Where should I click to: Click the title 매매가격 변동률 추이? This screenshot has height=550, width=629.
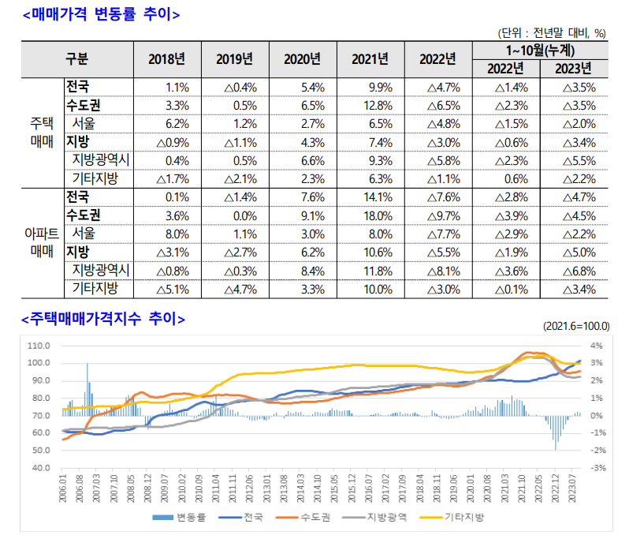[x=102, y=14]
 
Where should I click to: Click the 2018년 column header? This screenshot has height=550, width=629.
[x=166, y=59]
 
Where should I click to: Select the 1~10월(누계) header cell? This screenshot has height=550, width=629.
[x=540, y=51]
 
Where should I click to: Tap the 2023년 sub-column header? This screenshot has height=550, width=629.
[x=573, y=68]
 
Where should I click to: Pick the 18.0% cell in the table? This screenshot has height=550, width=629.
[x=370, y=215]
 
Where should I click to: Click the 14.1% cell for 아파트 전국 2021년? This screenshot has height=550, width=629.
[x=370, y=196]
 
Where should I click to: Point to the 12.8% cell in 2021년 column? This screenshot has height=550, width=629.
[x=370, y=105]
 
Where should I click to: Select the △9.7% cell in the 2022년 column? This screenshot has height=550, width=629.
[x=442, y=215]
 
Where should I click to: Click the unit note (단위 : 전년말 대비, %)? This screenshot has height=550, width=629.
[x=552, y=33]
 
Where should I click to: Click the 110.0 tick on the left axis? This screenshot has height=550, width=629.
[x=38, y=346]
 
